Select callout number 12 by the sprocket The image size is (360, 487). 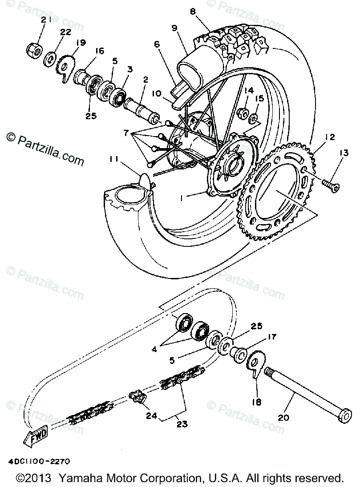[x=330, y=137]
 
